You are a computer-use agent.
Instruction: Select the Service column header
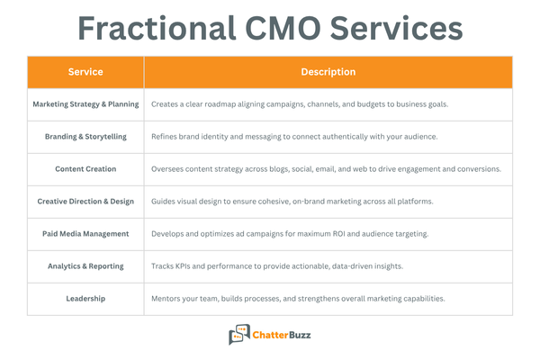tap(85, 72)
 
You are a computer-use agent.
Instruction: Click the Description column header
tap(328, 72)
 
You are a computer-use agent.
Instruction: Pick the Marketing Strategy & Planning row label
tap(85, 104)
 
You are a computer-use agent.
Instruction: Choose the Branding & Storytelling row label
tap(85, 137)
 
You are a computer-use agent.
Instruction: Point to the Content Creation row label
tap(85, 169)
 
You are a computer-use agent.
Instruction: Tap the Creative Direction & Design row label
tap(85, 202)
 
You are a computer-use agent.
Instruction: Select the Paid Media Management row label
tap(85, 234)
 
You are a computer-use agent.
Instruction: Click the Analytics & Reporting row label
tap(85, 266)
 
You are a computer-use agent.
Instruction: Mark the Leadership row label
tap(85, 299)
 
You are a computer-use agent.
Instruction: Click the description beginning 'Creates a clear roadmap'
tap(300, 104)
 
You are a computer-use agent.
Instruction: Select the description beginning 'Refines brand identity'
tap(293, 137)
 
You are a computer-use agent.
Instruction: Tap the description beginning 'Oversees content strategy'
tap(326, 169)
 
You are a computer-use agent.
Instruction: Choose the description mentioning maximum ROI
tap(290, 234)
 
